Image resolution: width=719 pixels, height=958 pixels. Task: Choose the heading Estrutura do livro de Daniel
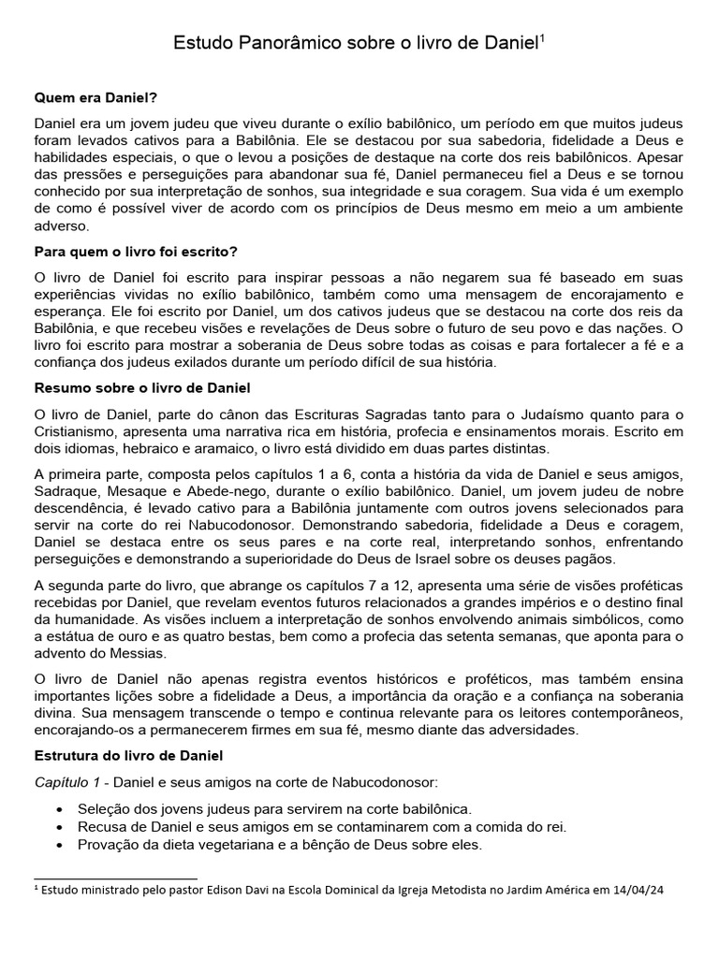pos(127,754)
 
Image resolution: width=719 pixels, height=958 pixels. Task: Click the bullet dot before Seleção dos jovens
pos(61,808)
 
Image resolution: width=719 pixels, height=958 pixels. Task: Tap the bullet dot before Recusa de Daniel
pos(61,827)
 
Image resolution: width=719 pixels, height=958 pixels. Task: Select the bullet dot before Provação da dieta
pos(61,845)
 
